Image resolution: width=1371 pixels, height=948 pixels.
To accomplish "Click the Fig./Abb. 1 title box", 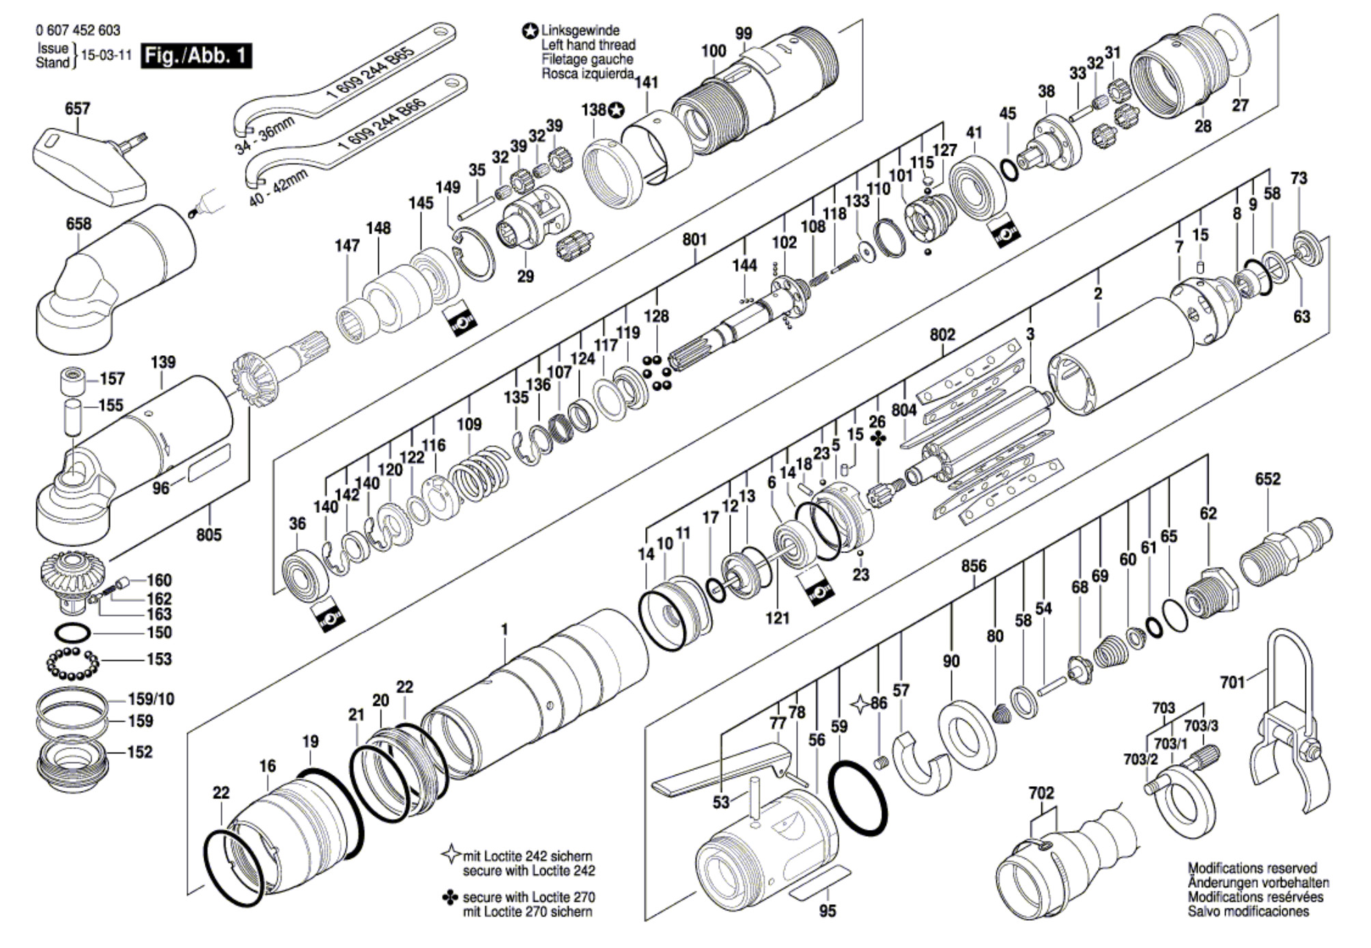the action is point(197,55).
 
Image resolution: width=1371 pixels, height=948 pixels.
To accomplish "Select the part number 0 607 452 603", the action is point(78,30).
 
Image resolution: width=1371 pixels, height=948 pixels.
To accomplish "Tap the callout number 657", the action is point(77,109).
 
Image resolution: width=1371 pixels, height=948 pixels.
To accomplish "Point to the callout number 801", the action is point(694,239).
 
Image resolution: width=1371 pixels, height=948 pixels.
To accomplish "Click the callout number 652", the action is point(1267,479).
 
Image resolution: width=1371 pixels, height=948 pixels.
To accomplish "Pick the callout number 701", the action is point(1232,682).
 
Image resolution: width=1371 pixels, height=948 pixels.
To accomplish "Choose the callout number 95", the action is point(827,911).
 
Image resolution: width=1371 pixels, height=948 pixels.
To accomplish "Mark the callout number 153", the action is point(159,659).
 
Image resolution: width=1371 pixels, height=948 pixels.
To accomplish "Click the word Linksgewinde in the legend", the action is point(580,31).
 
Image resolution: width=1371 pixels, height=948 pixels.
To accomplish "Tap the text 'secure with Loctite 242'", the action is point(528,871).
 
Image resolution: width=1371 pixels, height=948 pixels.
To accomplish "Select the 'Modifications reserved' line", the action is point(1252,868).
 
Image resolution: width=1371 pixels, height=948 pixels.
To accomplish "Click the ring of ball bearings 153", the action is point(72,663).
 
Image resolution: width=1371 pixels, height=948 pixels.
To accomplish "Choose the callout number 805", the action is point(209,534).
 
